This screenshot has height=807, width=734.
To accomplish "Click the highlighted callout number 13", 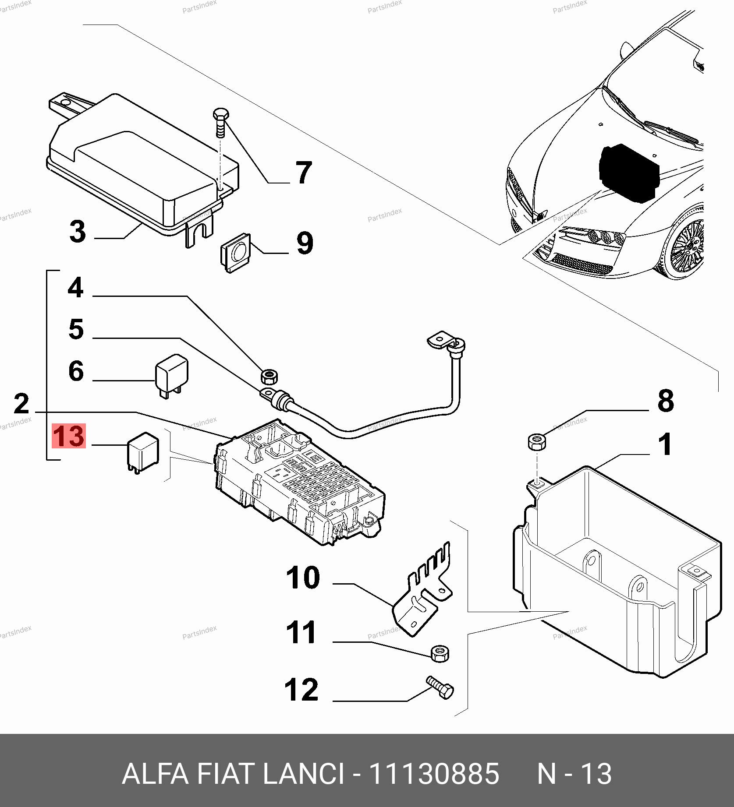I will pyautogui.click(x=69, y=436).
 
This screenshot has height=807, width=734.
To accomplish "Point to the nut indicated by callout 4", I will pyautogui.click(x=268, y=376).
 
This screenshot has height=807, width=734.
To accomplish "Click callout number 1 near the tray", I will pyautogui.click(x=665, y=444).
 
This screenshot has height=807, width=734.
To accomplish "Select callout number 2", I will pyautogui.click(x=21, y=404).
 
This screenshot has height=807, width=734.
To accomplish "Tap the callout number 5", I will pyautogui.click(x=76, y=329).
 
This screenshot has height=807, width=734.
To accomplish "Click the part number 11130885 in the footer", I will pyautogui.click(x=434, y=773).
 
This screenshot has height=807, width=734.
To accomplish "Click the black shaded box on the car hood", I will pyautogui.click(x=628, y=173).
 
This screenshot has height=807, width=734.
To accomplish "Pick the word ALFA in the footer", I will pyautogui.click(x=155, y=773).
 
